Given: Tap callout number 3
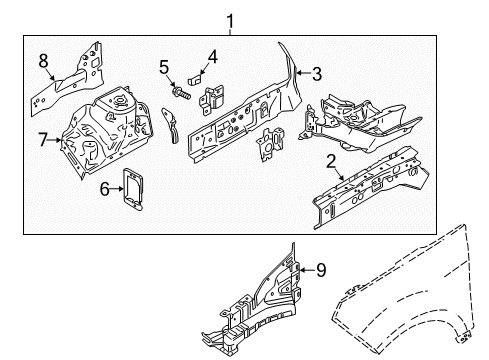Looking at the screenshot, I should coord(317,72).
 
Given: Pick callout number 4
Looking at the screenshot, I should coord(211,55).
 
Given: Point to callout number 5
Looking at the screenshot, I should coord(164,68).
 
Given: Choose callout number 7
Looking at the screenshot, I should coord(43,142).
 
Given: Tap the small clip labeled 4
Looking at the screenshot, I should coord(196,74).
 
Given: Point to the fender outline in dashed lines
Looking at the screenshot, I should coord(420,300).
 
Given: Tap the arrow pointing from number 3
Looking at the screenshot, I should coord(302,72).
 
